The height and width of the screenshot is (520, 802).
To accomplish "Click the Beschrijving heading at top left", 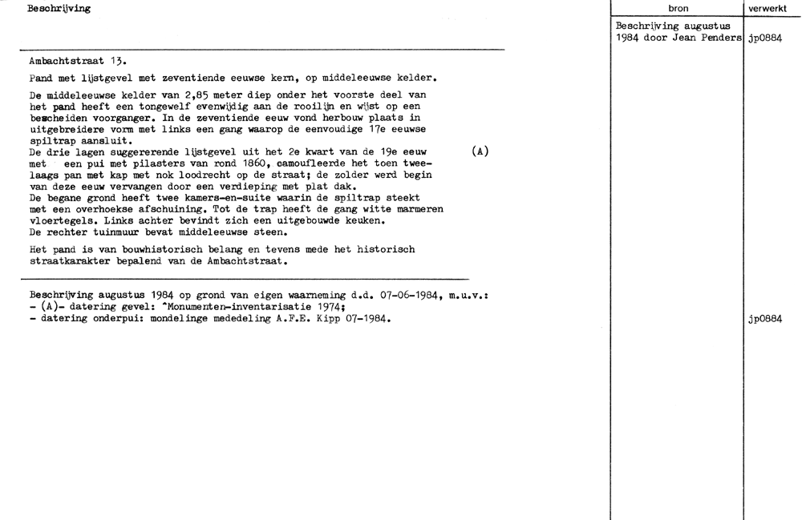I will click(x=59, y=9).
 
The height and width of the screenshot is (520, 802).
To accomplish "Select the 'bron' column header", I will click(x=678, y=9).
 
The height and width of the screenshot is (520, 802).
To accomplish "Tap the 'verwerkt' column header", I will click(x=772, y=9).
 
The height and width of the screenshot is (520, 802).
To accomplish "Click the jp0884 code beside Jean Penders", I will click(x=764, y=38).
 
